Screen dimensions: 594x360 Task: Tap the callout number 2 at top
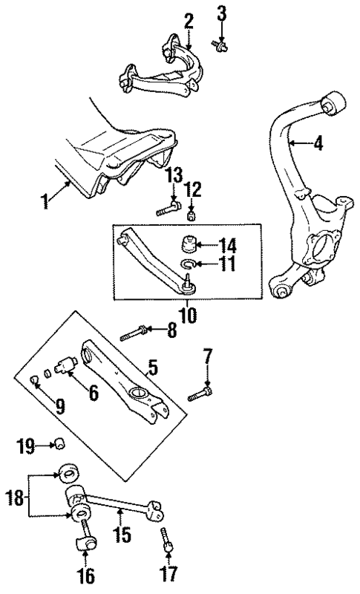(189, 20)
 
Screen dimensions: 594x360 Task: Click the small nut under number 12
(191, 216)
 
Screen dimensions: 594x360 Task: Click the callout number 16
(86, 575)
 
